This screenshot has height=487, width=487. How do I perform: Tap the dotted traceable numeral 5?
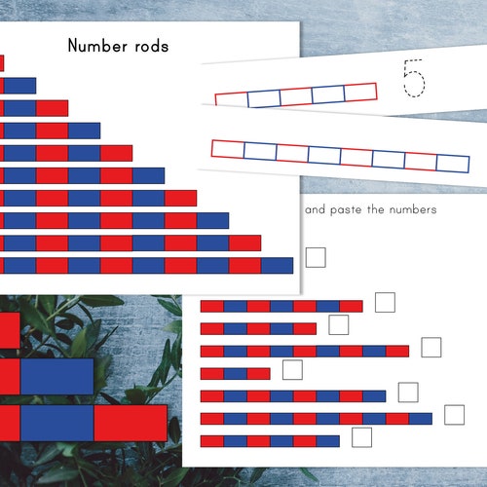(x=414, y=78)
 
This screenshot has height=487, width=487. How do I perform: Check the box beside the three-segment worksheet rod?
(x=291, y=370)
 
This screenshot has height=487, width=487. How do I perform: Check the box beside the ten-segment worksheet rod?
(x=454, y=415)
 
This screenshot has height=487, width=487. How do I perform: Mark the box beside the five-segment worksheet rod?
(x=338, y=324)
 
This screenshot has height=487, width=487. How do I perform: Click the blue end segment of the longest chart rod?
(x=278, y=265)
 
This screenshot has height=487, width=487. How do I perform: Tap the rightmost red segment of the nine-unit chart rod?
(x=245, y=243)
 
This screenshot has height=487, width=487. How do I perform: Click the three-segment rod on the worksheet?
(x=235, y=373)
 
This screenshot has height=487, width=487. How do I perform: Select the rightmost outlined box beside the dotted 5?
(x=360, y=93)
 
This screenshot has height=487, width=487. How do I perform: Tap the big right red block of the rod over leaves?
(x=131, y=424)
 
